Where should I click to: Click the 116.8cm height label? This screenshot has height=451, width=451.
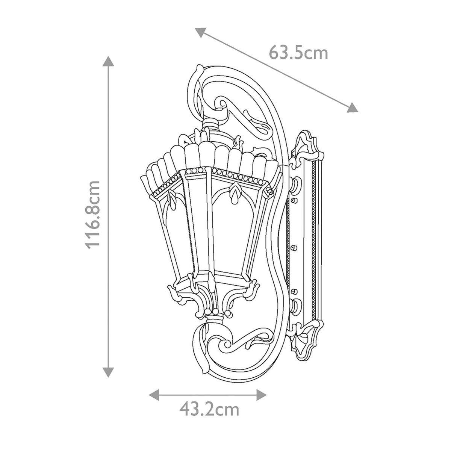coord(92,214)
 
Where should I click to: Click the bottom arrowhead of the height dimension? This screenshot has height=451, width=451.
coord(108,372)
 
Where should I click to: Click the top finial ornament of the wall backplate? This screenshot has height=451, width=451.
coord(304,143)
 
